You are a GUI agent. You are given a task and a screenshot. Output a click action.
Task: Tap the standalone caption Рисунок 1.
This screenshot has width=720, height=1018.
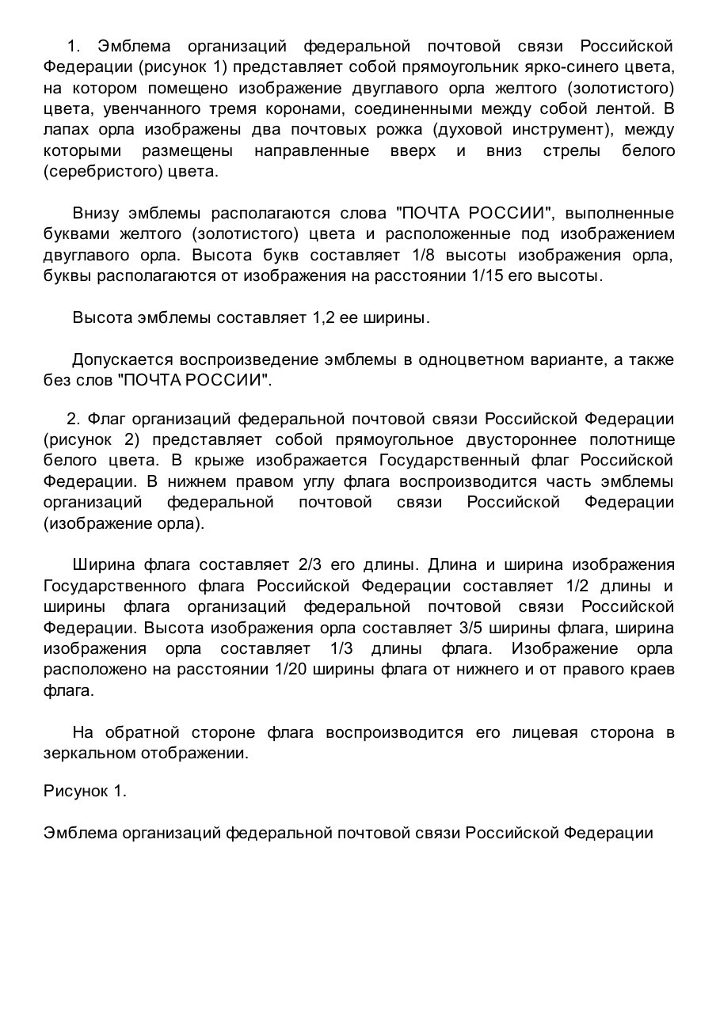(85, 791)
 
